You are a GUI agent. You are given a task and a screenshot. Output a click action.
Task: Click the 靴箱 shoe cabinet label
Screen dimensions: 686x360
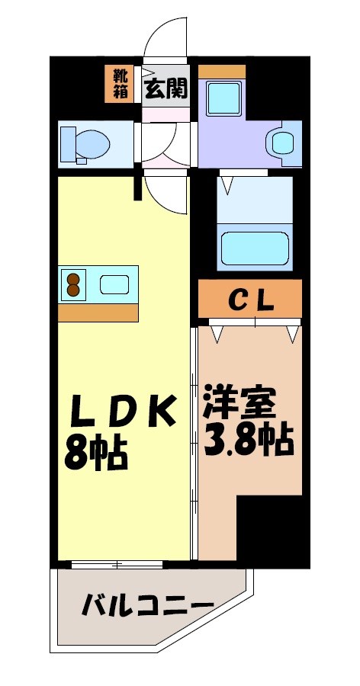coord(120,84)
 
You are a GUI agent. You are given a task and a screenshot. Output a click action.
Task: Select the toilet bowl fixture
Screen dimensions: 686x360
coord(85,143)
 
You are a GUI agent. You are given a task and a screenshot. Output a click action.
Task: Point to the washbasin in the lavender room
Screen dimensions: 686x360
coord(281,142)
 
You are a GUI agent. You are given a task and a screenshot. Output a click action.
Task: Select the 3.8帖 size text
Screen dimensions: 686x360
coord(249,439)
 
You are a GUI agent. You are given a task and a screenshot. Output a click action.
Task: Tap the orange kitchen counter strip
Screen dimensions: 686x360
coord(98,313)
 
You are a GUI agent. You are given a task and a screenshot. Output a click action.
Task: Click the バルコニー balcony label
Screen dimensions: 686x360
coord(148,607)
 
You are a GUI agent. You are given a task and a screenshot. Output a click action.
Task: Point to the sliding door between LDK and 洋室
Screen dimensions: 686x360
coord(194,442)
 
